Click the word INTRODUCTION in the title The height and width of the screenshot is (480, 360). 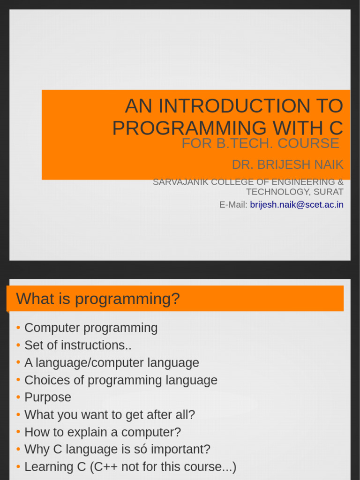pos(234,107)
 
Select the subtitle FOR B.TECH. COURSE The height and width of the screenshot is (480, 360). pos(260,143)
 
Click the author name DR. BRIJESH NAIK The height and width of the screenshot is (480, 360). pos(287,165)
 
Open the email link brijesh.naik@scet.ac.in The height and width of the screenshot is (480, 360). pos(297,205)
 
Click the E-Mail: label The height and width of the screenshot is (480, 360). pos(233,205)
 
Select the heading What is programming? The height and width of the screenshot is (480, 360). pos(98,299)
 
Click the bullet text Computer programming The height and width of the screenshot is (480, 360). pos(91,328)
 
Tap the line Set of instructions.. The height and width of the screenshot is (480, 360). pos(78,345)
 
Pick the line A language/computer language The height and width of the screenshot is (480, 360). pos(112,363)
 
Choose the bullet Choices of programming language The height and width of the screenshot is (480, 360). pos(121,380)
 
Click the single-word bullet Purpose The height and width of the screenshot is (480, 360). pos(48,397)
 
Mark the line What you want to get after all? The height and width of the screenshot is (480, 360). pos(110,415)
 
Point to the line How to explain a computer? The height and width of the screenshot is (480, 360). pos(103,432)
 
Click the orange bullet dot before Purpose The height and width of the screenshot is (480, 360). pos(18,397)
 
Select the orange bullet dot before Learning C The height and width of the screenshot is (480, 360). pos(18,467)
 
